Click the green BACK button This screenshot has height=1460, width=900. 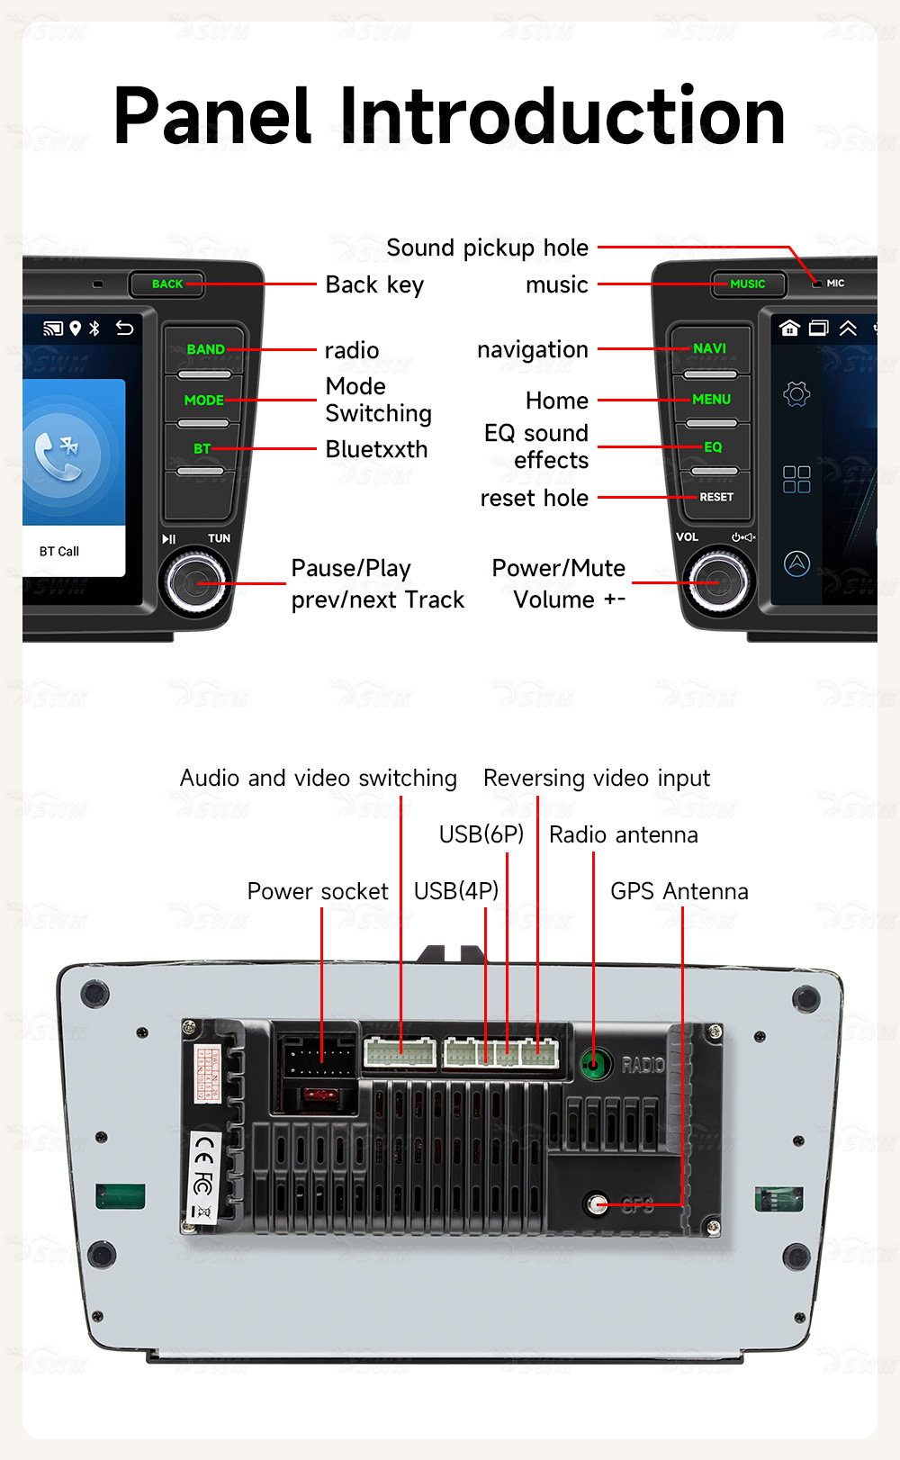point(166,284)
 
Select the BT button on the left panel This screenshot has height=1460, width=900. point(202,448)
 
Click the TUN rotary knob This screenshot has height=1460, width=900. point(194,583)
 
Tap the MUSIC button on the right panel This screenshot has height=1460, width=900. point(747,284)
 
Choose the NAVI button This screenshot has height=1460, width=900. point(709,349)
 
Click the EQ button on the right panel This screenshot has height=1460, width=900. point(713,447)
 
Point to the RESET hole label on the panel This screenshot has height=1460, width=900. point(715,497)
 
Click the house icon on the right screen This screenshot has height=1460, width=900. point(789,329)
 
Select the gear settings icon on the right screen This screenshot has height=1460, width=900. point(796,394)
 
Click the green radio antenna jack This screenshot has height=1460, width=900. point(592,1065)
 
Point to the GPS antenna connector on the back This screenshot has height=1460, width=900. point(595,1204)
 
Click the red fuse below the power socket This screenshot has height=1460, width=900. point(317,1095)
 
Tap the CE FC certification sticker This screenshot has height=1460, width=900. point(203,1179)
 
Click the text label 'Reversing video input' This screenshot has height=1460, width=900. point(596,779)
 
